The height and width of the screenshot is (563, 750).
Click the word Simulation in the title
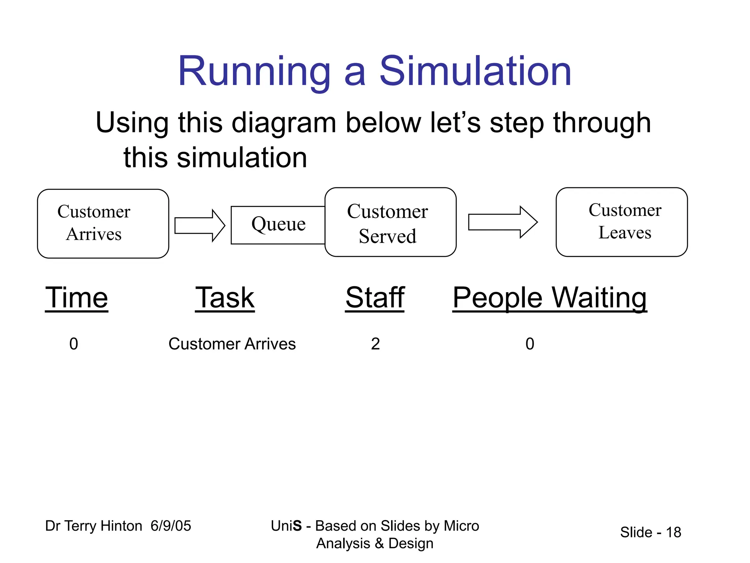click(x=475, y=71)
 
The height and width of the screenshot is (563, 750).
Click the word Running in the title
click(x=254, y=71)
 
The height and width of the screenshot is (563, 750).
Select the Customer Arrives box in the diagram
click(x=103, y=224)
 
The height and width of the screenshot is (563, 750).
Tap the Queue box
click(x=278, y=224)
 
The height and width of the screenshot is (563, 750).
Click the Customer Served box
click(x=390, y=222)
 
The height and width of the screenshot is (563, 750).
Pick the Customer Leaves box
click(x=621, y=222)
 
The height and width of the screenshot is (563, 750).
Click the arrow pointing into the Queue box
click(x=200, y=225)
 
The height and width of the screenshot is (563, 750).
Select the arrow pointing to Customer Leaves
click(x=503, y=222)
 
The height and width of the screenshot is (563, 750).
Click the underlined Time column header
click(x=77, y=298)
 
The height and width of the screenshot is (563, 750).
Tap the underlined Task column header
click(x=224, y=298)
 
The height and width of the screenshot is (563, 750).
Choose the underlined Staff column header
click(x=375, y=298)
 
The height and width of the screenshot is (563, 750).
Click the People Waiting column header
click(x=549, y=298)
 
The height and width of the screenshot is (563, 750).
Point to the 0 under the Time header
click(x=74, y=344)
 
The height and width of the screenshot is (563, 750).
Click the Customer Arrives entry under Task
click(x=232, y=344)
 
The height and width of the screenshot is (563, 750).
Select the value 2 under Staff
click(x=375, y=344)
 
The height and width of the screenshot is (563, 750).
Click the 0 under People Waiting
click(x=530, y=344)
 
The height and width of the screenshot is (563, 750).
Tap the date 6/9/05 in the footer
click(x=171, y=526)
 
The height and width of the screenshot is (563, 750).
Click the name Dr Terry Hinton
click(x=93, y=526)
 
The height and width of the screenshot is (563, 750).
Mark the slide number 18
click(x=673, y=532)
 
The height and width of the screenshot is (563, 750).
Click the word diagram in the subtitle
click(x=284, y=123)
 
